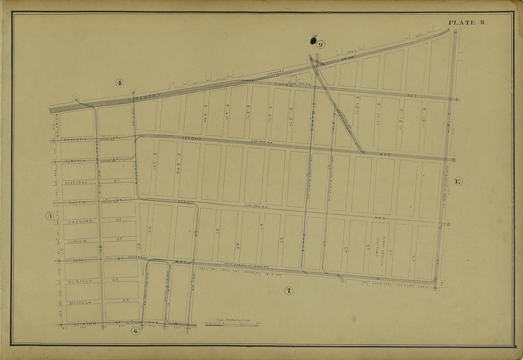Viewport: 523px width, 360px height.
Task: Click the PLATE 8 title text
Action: [x=466, y=22]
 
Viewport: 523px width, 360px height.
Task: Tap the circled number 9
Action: [x=321, y=45]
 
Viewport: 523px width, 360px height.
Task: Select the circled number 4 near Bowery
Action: [x=119, y=82]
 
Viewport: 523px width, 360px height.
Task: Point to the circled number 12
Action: [x=458, y=181]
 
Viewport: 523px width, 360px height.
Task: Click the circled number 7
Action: [x=289, y=291]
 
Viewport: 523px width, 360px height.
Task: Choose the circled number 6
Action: [x=136, y=331]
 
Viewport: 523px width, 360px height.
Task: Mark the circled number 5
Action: [x=49, y=216]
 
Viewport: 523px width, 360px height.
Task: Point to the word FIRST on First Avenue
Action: [x=186, y=202]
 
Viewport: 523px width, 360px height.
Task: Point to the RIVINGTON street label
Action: [x=57, y=125]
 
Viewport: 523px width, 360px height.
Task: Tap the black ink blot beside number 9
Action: [x=313, y=40]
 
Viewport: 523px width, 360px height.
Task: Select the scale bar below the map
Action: [x=231, y=325]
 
